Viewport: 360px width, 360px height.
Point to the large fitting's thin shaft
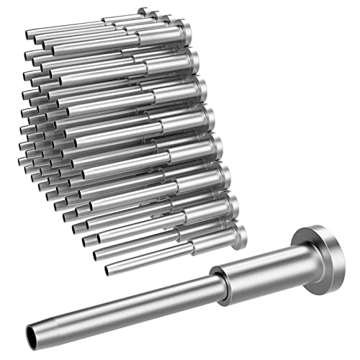click(x=122, y=306)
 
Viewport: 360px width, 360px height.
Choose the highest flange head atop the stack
click(x=144, y=12)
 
